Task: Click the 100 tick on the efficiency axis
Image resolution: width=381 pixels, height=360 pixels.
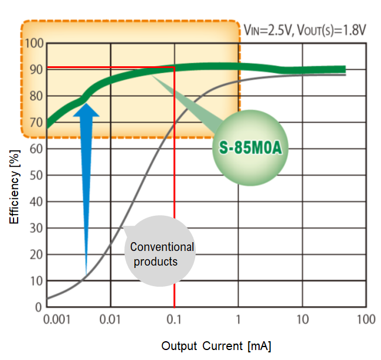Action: click(36, 43)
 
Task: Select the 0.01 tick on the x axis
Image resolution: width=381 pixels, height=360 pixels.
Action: click(110, 320)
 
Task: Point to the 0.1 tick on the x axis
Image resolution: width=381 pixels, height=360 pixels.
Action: click(175, 320)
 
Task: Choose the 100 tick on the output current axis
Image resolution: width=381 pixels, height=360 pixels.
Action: click(366, 320)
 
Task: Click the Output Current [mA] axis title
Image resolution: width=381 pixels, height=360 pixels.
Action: click(216, 345)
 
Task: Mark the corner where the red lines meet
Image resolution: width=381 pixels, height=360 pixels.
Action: click(175, 68)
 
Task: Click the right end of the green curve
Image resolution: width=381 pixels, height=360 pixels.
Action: click(344, 69)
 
